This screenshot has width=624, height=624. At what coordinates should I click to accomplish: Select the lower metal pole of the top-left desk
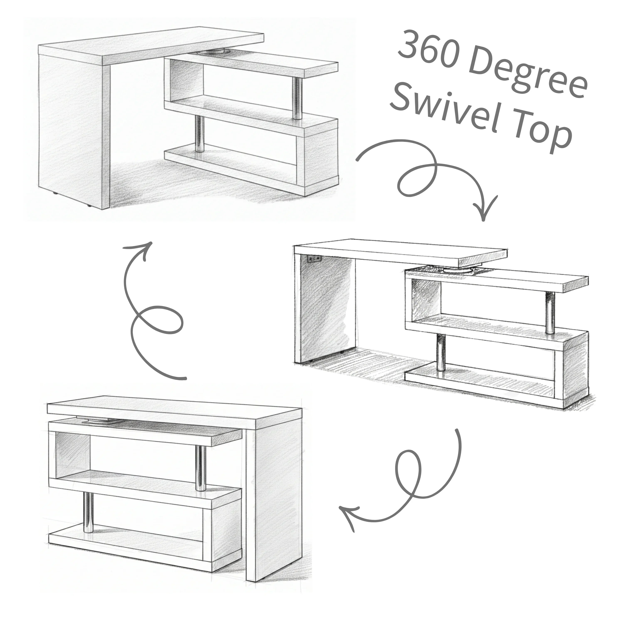[200, 134]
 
